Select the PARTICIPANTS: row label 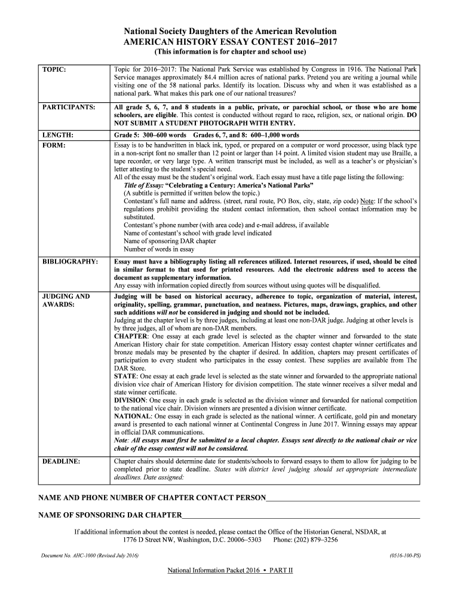coord(69,107)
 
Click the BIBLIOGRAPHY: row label coord(70,262)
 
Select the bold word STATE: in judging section coord(125,376)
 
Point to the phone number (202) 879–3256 coord(314,539)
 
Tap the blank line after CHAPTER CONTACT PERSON coord(343,498)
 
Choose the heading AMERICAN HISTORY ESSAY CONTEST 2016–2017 coord(230,42)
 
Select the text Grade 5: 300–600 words coord(150,135)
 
